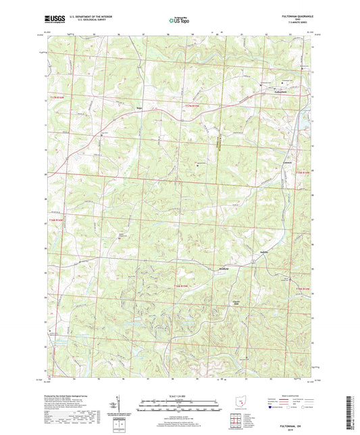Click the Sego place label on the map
[140, 107]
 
